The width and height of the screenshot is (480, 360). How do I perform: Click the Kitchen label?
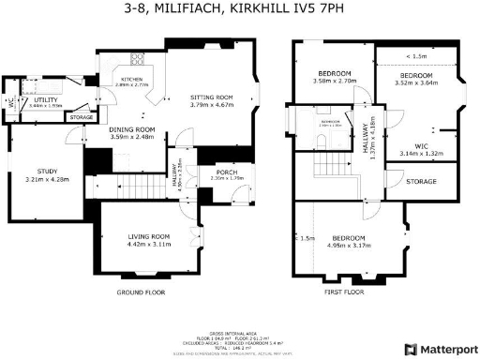132,82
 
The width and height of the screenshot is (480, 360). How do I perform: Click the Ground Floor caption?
142,292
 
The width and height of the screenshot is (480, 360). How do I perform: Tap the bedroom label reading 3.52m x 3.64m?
416,79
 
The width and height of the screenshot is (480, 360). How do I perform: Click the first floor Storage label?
421,181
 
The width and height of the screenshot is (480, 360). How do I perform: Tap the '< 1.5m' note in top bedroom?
417,56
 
